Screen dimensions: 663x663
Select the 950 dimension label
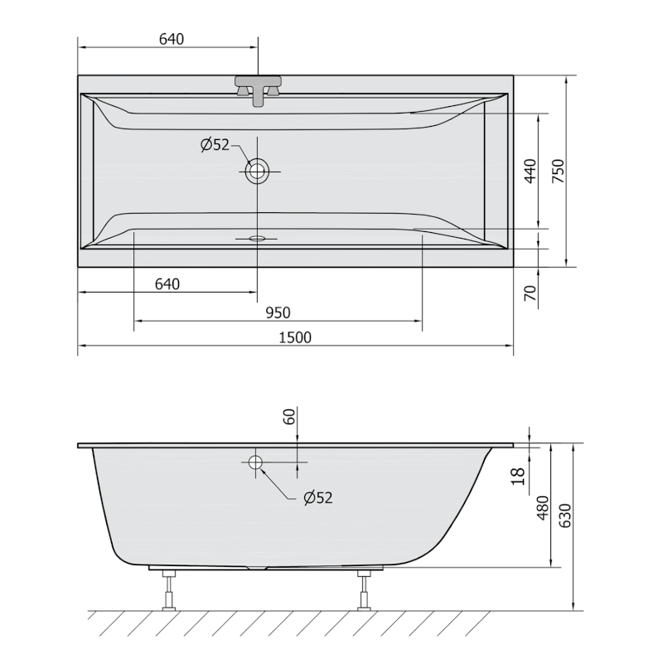pyautogui.click(x=278, y=312)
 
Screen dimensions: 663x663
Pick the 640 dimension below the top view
pyautogui.click(x=167, y=284)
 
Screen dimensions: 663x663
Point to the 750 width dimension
pyautogui.click(x=558, y=171)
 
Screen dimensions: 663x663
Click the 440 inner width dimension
pyautogui.click(x=530, y=171)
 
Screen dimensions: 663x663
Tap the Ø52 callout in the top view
pyautogui.click(x=215, y=145)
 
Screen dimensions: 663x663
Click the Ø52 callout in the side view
pyautogui.click(x=317, y=497)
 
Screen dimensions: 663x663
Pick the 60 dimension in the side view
pyautogui.click(x=289, y=416)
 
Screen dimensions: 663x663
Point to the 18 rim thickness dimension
pyautogui.click(x=518, y=476)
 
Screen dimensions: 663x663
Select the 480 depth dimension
pyautogui.click(x=544, y=506)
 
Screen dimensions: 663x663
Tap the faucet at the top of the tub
pyautogui.click(x=258, y=88)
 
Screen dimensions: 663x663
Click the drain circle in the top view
pyautogui.click(x=257, y=172)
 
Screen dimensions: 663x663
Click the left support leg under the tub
pyautogui.click(x=170, y=589)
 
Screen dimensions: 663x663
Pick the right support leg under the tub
pyautogui.click(x=364, y=589)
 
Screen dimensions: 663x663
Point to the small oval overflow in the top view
pyautogui.click(x=257, y=238)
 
